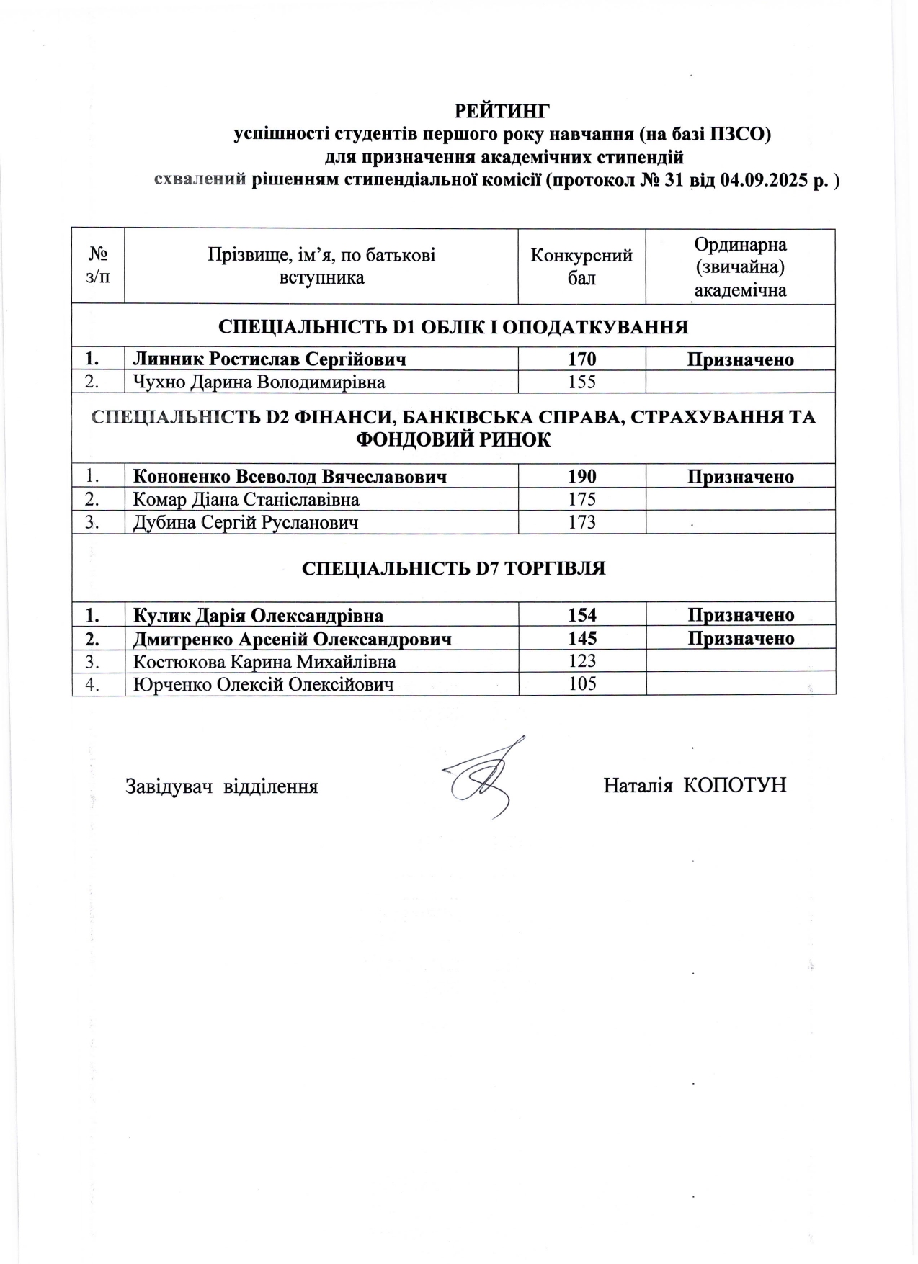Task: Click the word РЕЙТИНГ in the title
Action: (x=502, y=111)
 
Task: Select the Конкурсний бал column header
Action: (x=581, y=266)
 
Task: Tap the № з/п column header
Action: (x=98, y=266)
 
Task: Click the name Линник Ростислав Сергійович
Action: (x=269, y=359)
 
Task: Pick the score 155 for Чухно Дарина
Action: (x=581, y=382)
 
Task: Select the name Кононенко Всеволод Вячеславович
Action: (x=290, y=476)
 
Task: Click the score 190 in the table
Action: (x=581, y=476)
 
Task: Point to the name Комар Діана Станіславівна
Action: (x=246, y=499)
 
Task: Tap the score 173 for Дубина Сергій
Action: (x=581, y=522)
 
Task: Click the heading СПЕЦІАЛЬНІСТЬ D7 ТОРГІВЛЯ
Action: (x=453, y=568)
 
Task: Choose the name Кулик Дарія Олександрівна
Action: (x=259, y=615)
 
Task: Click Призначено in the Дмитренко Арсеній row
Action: (x=741, y=638)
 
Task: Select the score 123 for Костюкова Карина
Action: (x=581, y=661)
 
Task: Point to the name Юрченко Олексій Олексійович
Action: (x=264, y=684)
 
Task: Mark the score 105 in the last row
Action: (x=581, y=683)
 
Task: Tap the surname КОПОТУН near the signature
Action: (x=734, y=785)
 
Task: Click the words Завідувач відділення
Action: (x=222, y=786)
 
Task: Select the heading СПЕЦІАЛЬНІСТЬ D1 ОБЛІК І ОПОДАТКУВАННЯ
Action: (x=453, y=327)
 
